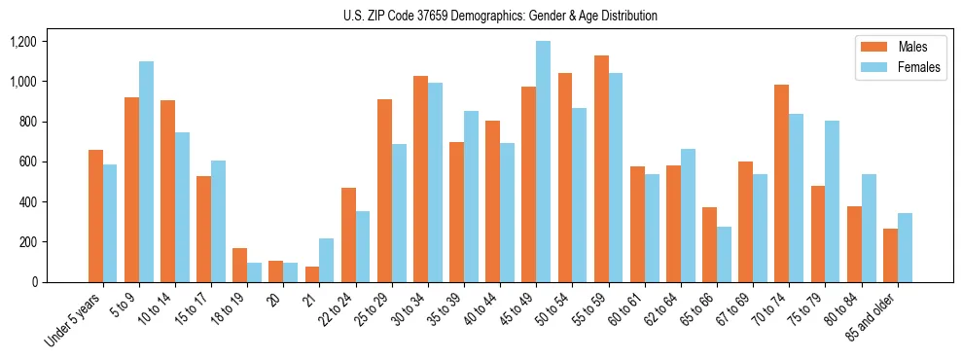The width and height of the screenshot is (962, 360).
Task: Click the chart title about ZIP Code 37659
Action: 500,16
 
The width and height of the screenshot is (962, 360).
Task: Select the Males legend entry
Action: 912,47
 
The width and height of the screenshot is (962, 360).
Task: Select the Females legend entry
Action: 919,68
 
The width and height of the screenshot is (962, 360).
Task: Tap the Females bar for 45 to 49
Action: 543,162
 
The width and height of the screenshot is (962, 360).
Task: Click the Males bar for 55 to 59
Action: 601,168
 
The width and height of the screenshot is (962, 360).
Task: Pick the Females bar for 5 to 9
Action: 146,171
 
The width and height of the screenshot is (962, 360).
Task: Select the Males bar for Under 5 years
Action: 95,216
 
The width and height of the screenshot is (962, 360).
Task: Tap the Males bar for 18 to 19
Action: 239,265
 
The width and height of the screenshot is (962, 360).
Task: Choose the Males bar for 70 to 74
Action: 781,183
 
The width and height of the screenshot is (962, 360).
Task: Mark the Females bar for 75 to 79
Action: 832,201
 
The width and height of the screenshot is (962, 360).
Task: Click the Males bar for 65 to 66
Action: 709,244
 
